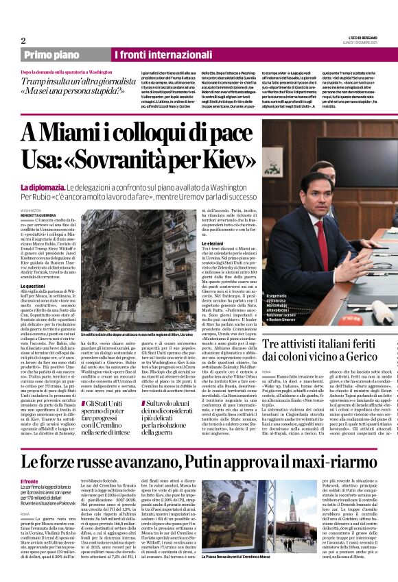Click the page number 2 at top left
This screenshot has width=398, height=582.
tap(23, 40)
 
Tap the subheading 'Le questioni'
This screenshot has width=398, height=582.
tap(33, 285)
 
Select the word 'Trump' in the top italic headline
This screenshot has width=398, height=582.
tap(35, 80)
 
